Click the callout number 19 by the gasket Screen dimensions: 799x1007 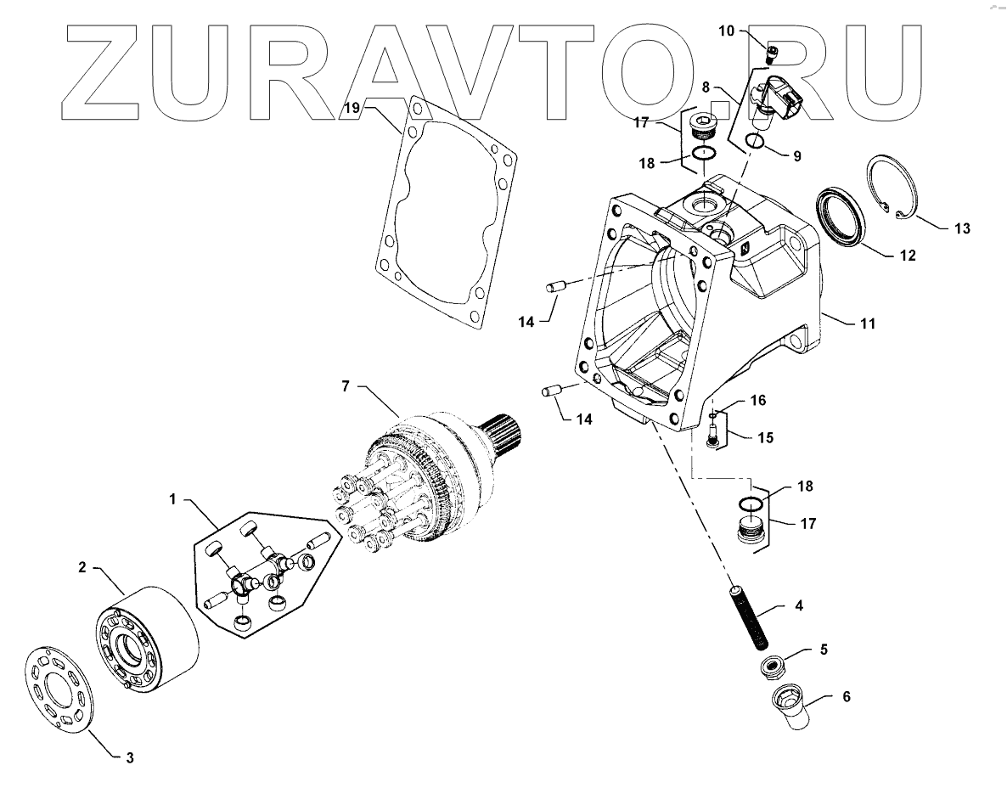point(352,108)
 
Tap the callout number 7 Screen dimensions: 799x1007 point(346,387)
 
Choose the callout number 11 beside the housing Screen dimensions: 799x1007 point(868,324)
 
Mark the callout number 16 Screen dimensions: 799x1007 point(757,400)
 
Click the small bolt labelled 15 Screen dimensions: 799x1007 point(712,434)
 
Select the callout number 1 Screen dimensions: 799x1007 point(172,499)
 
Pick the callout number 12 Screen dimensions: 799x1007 point(908,254)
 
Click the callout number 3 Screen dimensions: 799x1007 point(128,757)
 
